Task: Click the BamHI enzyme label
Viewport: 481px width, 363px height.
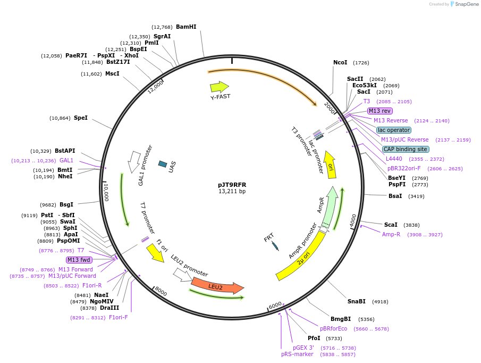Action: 186,27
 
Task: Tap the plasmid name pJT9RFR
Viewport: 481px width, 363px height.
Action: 232,185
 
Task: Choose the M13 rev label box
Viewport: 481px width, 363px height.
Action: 379,111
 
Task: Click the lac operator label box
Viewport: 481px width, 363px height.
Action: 393,130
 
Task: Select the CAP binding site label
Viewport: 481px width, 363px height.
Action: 405,149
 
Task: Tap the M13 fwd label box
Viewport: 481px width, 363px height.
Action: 79,260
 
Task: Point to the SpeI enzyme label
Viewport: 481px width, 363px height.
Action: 81,118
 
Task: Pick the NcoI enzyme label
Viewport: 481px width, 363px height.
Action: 340,62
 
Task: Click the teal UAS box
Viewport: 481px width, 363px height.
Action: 163,164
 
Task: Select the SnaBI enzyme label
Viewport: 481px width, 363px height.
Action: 357,301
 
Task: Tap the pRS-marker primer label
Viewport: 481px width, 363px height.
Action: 297,354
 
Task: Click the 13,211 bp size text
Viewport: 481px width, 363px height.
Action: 232,192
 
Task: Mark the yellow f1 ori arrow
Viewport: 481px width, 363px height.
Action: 155,253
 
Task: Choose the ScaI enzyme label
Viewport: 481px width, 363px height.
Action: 391,225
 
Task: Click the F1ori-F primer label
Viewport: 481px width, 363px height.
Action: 118,317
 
